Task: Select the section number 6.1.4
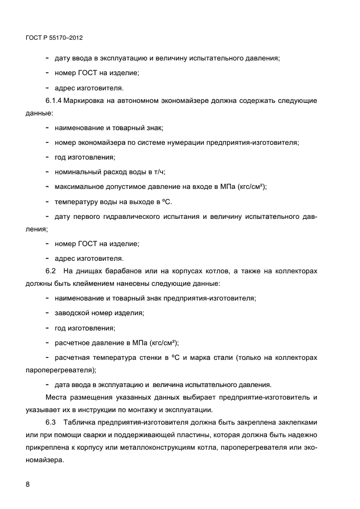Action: point(54,101)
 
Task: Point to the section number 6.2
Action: point(51,271)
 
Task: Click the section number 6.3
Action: point(51,422)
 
